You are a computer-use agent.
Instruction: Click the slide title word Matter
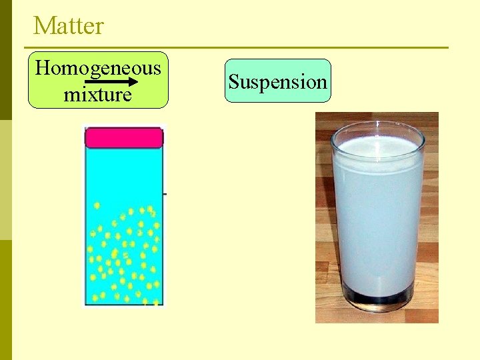tap(69, 26)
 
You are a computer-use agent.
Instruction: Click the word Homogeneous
tap(98, 67)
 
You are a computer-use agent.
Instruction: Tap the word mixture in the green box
tap(97, 95)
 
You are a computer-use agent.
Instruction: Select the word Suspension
tap(277, 81)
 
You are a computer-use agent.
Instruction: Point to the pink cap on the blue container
tap(123, 137)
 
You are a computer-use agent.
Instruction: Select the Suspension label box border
tap(277, 60)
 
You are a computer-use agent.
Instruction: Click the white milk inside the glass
tap(377, 213)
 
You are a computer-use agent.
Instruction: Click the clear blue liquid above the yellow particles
tap(123, 173)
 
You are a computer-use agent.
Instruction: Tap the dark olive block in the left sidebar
tap(5, 60)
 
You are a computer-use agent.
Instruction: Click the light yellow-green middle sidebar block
tap(5, 180)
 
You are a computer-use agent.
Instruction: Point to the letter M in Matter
tap(42, 26)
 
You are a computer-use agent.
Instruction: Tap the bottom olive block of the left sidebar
tap(5, 300)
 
